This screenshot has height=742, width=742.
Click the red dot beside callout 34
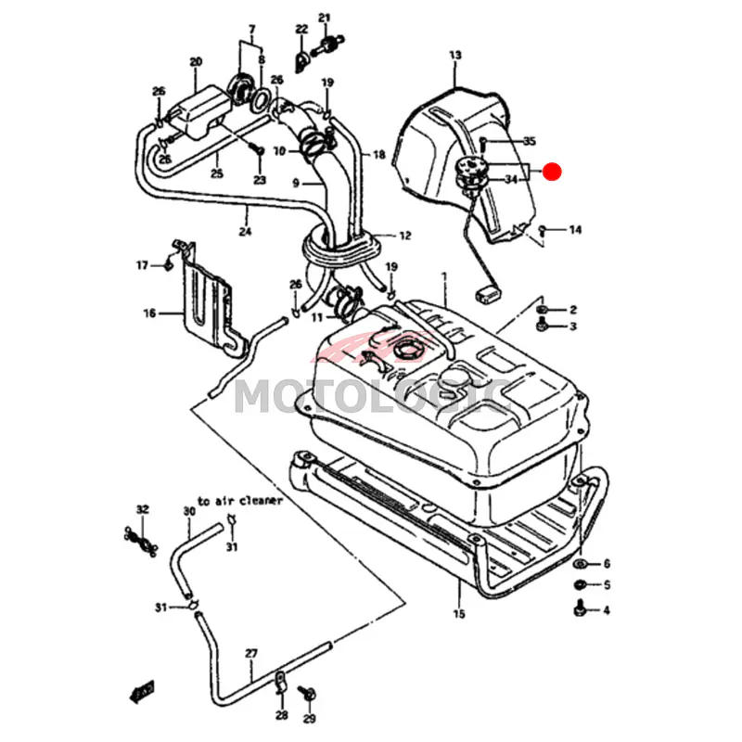[x=553, y=172]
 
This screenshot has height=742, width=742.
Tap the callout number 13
[x=454, y=57]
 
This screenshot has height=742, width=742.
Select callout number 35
[x=529, y=142]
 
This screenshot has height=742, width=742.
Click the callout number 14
[x=575, y=229]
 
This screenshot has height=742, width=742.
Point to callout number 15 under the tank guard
[x=458, y=614]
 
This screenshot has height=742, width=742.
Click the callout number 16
[x=149, y=313]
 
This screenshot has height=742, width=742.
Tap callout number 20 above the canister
[x=196, y=62]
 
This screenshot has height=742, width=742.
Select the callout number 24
[x=245, y=233]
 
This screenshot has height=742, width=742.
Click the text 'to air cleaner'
[x=239, y=500]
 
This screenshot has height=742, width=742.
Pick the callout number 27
[x=250, y=653]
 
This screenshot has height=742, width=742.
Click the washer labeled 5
[x=581, y=585]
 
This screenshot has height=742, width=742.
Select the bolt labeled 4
[x=581, y=608]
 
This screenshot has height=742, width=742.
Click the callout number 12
[x=404, y=236]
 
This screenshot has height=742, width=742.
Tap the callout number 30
[x=189, y=511]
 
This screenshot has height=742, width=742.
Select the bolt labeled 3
[x=543, y=326]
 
